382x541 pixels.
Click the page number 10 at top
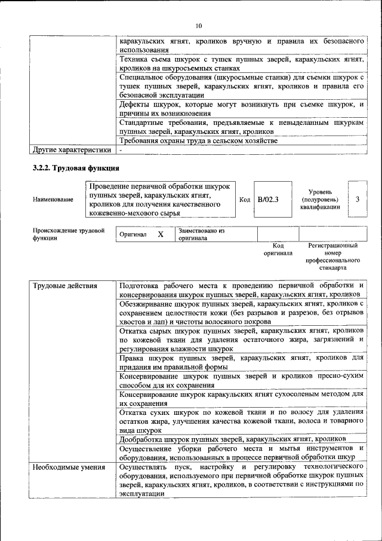pos(198,26)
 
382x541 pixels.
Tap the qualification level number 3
pos(357,198)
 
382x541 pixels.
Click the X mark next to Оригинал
pos(161,234)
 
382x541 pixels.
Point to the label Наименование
pos(53,199)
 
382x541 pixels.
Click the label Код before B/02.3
pos(244,199)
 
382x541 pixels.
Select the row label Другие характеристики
pos(72,149)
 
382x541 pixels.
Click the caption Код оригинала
pos(278,249)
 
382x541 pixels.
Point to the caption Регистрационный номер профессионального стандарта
pos(332,257)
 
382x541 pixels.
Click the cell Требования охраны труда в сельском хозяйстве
pos(198,140)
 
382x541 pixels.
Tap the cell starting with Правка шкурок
pos(242,362)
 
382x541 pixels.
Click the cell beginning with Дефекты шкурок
pos(242,109)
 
